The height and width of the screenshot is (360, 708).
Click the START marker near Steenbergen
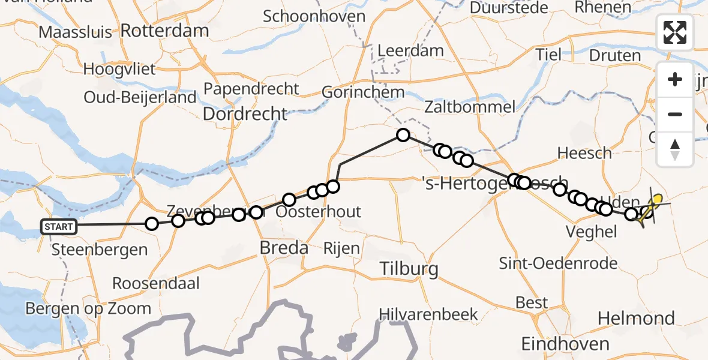click(59, 226)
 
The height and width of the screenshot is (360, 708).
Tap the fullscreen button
click(675, 32)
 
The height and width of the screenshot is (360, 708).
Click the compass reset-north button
click(675, 149)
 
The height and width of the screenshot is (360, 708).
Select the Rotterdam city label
click(165, 31)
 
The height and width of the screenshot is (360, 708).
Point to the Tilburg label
click(409, 268)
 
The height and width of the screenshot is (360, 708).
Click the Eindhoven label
click(565, 344)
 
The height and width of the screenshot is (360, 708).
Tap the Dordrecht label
click(246, 113)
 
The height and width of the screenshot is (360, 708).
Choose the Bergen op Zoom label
click(88, 308)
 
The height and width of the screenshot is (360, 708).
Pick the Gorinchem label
click(363, 92)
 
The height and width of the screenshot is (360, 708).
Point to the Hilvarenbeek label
click(428, 314)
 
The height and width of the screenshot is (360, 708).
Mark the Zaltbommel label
click(469, 107)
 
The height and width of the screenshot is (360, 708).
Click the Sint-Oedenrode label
click(557, 263)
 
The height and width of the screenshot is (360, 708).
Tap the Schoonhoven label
click(314, 16)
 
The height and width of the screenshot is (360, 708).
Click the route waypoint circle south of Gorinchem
click(403, 135)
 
